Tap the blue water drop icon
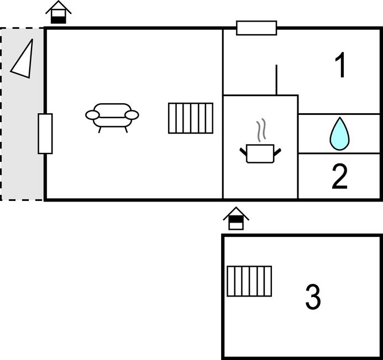[339, 134]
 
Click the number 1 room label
[341, 66]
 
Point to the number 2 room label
[340, 176]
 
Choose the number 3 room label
[313, 297]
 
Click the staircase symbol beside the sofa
[191, 118]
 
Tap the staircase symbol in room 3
[249, 281]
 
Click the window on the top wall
[256, 28]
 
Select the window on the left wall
[45, 134]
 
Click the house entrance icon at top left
[59, 12]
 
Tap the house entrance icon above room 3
[236, 219]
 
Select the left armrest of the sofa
[92, 115]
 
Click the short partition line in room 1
[276, 80]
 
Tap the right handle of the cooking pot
[277, 150]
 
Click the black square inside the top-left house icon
[59, 18]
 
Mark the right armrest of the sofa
[132, 115]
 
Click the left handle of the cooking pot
[243, 150]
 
